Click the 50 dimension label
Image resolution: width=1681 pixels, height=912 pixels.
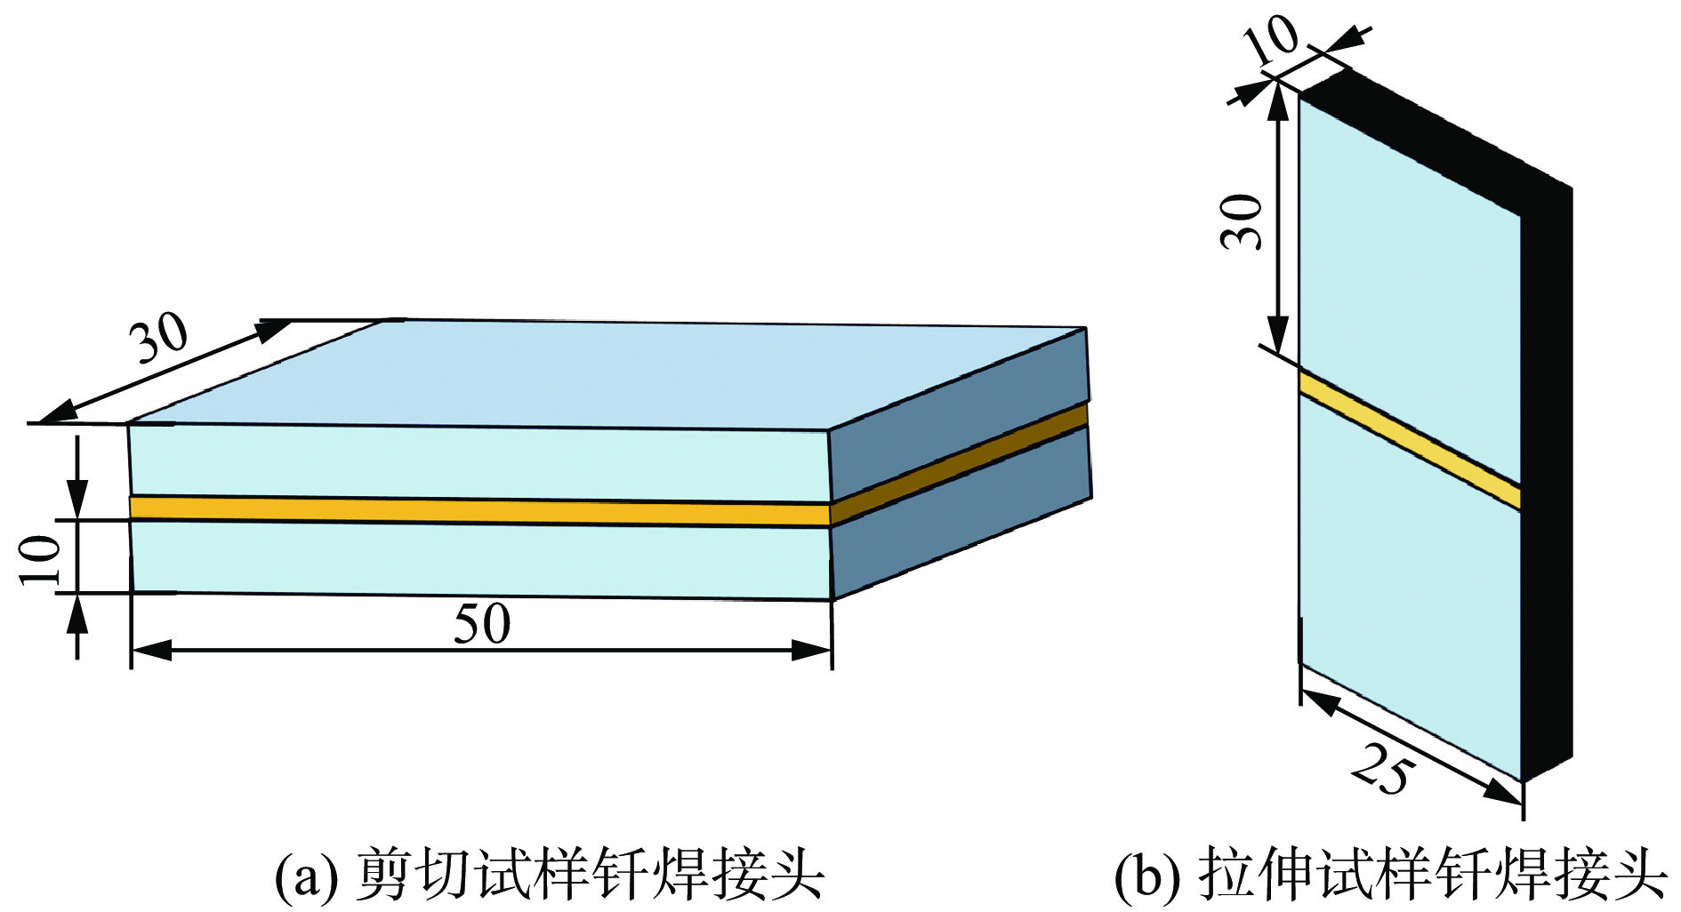tap(482, 624)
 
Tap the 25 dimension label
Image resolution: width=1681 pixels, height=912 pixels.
tap(1381, 770)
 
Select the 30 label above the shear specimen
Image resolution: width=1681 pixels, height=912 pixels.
tap(161, 337)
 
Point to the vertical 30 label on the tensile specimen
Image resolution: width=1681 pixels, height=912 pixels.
tap(1243, 221)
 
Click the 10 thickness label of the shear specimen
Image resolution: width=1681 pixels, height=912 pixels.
tap(41, 559)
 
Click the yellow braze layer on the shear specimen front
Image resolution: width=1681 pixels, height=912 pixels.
tap(480, 510)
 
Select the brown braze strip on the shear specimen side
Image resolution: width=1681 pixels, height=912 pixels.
tap(961, 462)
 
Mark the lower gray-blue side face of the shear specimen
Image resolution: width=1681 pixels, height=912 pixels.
tap(961, 524)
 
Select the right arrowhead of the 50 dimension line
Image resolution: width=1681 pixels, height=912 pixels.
tap(813, 652)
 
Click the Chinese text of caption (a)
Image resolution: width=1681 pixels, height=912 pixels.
tap(591, 876)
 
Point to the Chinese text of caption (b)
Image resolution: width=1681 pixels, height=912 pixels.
tap(1432, 876)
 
